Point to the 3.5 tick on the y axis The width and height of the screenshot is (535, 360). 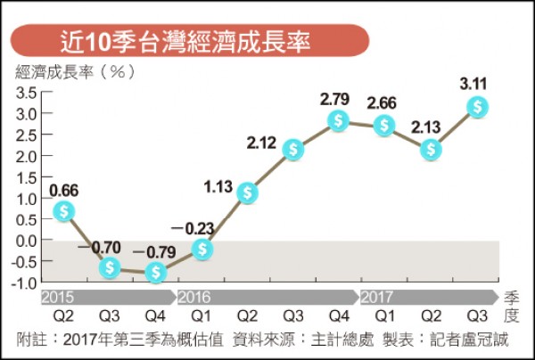(25, 92)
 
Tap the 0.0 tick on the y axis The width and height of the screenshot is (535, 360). (25, 241)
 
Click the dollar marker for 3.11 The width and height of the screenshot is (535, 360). (479, 108)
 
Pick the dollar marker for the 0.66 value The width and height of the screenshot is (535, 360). (62, 211)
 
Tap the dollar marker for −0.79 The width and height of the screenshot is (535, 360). (157, 272)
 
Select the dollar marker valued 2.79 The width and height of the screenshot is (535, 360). (338, 120)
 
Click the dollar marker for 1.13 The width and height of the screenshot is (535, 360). (248, 192)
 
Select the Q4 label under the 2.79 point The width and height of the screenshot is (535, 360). (338, 316)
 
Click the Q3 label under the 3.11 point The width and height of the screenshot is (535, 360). (478, 316)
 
